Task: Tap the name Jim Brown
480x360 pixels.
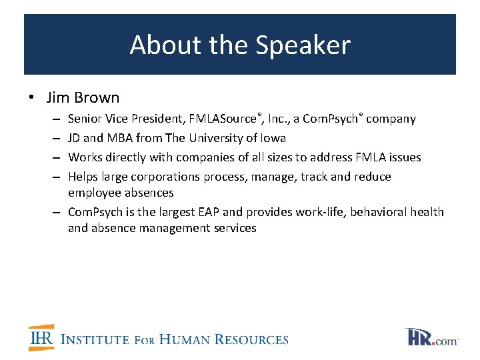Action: pyautogui.click(x=83, y=97)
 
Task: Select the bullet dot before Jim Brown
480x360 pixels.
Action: pyautogui.click(x=32, y=98)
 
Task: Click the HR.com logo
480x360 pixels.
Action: pyautogui.click(x=431, y=337)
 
